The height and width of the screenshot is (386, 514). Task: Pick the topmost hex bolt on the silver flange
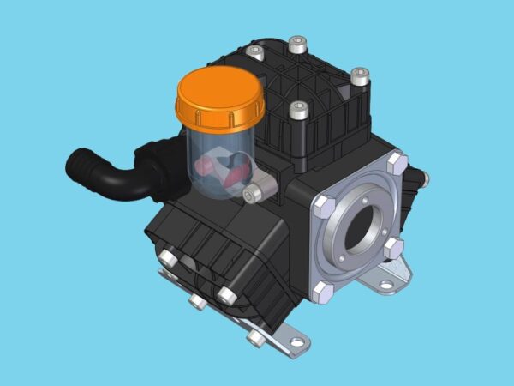point(396,160)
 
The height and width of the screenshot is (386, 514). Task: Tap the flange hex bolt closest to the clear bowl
point(323,206)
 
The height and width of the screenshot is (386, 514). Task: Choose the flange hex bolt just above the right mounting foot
point(394,247)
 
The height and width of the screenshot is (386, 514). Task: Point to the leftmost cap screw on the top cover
point(254,52)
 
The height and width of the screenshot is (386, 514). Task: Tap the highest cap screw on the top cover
point(296,42)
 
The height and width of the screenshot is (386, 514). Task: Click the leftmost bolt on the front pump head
point(169,258)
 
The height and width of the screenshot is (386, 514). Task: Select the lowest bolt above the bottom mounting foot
point(256,337)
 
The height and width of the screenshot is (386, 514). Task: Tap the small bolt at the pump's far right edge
point(424,180)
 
